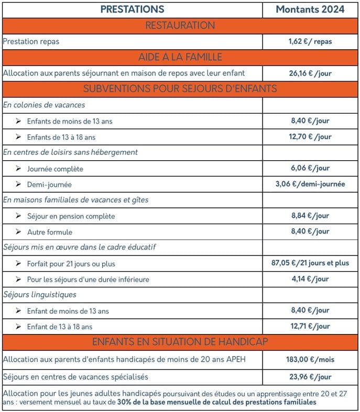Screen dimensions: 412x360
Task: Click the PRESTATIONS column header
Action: coord(132,9)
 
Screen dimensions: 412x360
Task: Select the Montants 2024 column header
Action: coord(310,9)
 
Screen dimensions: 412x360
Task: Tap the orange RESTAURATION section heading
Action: coord(180,25)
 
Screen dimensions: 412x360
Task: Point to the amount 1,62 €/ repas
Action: coord(310,41)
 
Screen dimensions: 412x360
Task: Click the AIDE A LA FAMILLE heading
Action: coord(180,57)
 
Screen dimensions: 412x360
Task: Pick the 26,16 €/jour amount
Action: coord(310,73)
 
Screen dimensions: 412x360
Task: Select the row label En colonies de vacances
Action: coord(44,105)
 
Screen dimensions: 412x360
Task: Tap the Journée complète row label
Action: coord(55,169)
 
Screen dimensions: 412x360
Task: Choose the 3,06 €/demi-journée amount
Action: coord(310,184)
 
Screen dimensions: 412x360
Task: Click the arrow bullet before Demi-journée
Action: coord(18,184)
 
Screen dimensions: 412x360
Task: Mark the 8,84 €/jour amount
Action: coord(310,216)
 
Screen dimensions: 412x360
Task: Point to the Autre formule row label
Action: coord(50,232)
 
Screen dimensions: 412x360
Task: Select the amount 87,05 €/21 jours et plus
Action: coord(310,263)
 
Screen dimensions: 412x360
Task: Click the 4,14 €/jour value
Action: coord(310,279)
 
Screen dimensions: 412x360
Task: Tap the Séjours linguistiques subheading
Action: coord(40,295)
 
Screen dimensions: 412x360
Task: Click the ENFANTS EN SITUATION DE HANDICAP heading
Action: coord(180,342)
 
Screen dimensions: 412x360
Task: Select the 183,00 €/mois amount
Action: coord(310,360)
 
